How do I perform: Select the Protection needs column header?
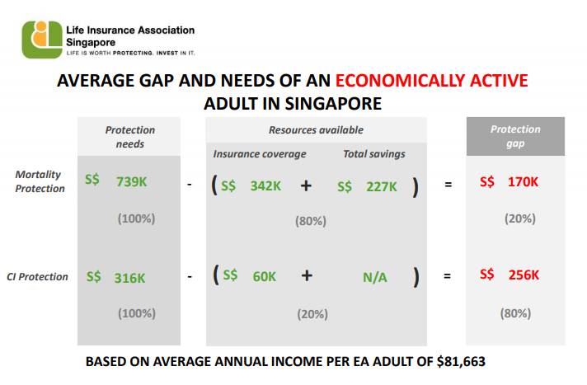pyautogui.click(x=129, y=137)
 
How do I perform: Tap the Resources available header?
pyautogui.click(x=316, y=130)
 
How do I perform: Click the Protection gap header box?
pyautogui.click(x=515, y=136)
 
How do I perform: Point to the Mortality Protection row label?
pyautogui.click(x=40, y=181)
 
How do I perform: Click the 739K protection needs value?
pyautogui.click(x=131, y=182)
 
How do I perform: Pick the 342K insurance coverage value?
pyautogui.click(x=265, y=186)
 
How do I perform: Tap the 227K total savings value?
pyautogui.click(x=382, y=186)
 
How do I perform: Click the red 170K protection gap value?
pyautogui.click(x=521, y=183)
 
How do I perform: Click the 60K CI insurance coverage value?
pyautogui.click(x=264, y=277)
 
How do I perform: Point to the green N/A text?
pyautogui.click(x=375, y=277)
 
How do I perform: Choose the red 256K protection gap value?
pyautogui.click(x=521, y=275)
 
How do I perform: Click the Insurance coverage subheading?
pyautogui.click(x=259, y=154)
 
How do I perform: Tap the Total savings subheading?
pyautogui.click(x=373, y=154)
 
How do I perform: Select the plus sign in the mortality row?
pyautogui.click(x=306, y=186)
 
